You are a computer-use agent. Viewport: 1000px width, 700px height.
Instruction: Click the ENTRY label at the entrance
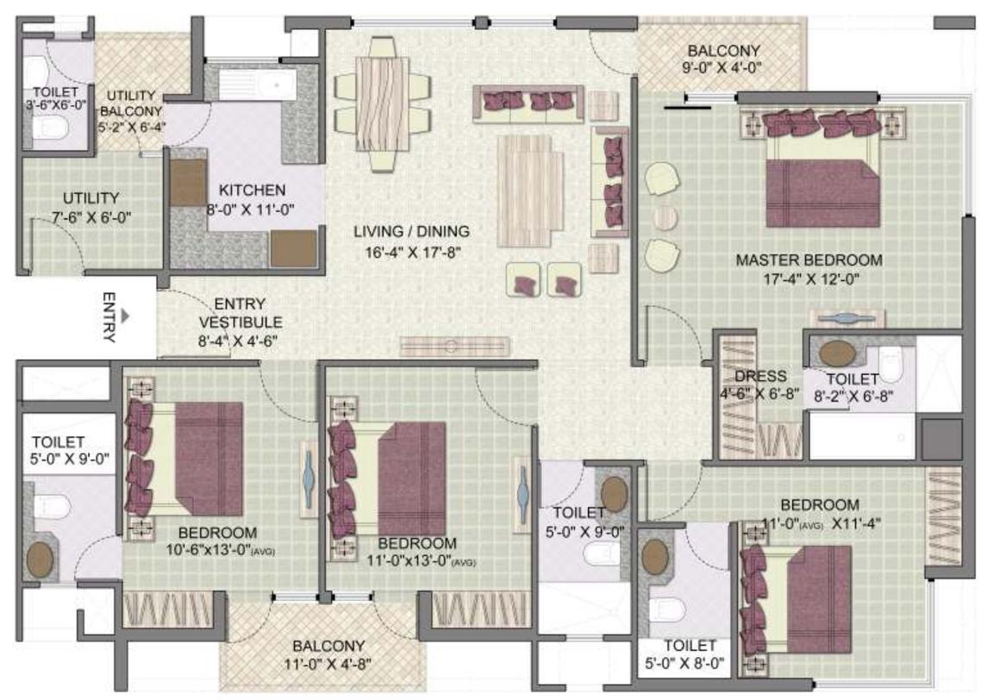pyautogui.click(x=109, y=318)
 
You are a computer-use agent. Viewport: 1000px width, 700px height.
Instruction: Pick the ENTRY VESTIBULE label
pyautogui.click(x=239, y=313)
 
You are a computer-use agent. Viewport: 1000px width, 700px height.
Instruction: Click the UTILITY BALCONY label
pyautogui.click(x=132, y=103)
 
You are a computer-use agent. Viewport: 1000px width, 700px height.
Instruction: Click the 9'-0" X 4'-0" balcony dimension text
pyautogui.click(x=724, y=66)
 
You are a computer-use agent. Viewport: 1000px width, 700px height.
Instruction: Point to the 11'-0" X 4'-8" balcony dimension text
pyautogui.click(x=328, y=664)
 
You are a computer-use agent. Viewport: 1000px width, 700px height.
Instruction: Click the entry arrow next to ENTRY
pyautogui.click(x=126, y=316)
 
